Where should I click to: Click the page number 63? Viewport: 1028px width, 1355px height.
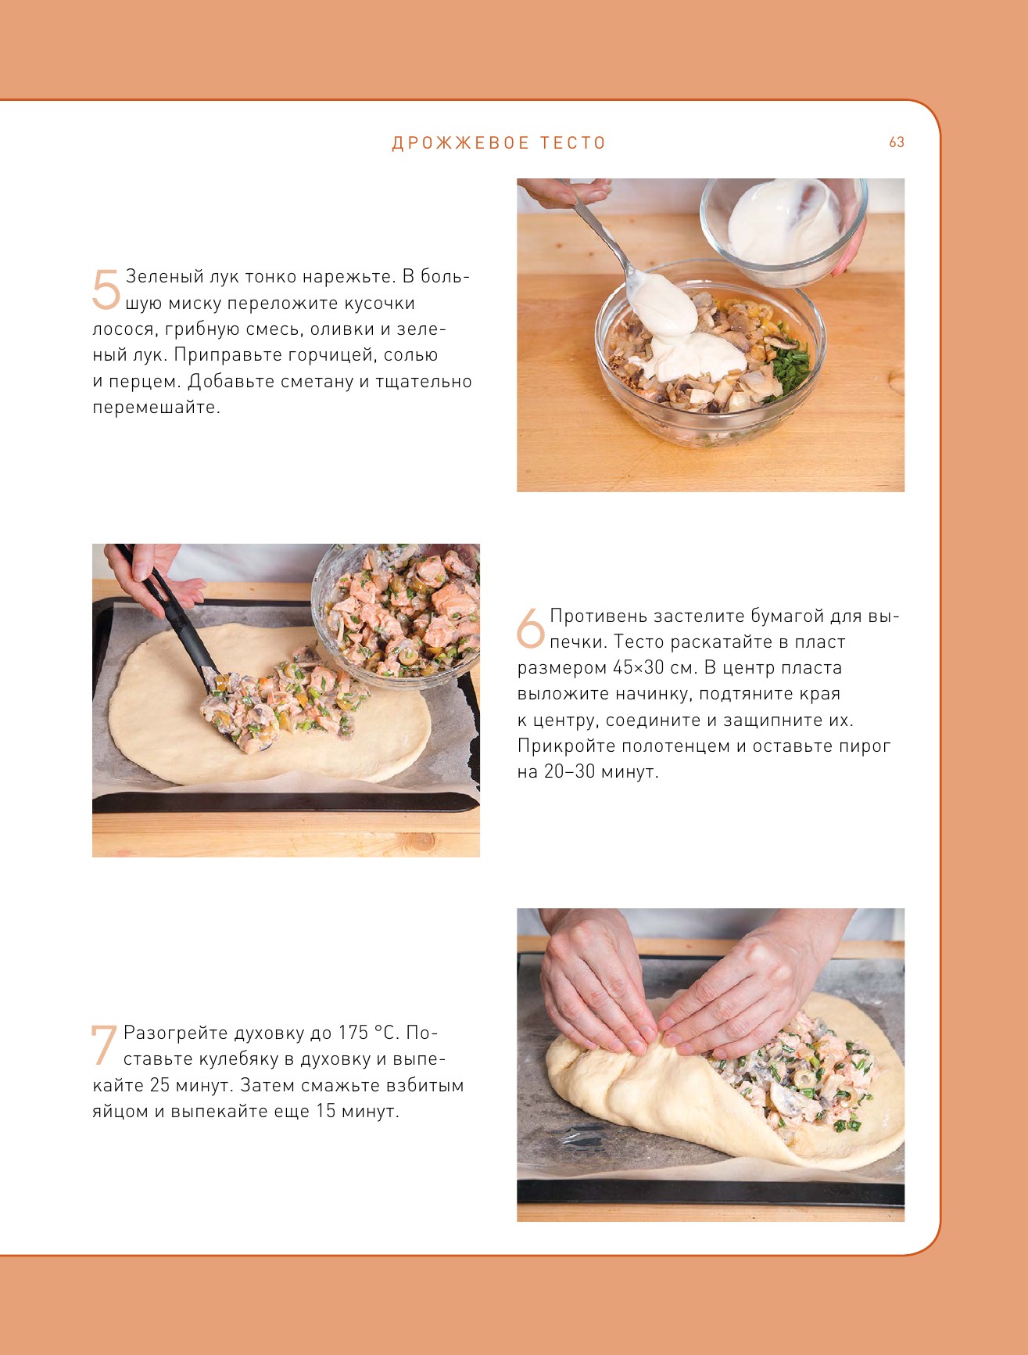(897, 142)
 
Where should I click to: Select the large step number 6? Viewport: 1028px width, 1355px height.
(531, 628)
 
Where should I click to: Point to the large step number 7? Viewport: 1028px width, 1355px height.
(105, 1045)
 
